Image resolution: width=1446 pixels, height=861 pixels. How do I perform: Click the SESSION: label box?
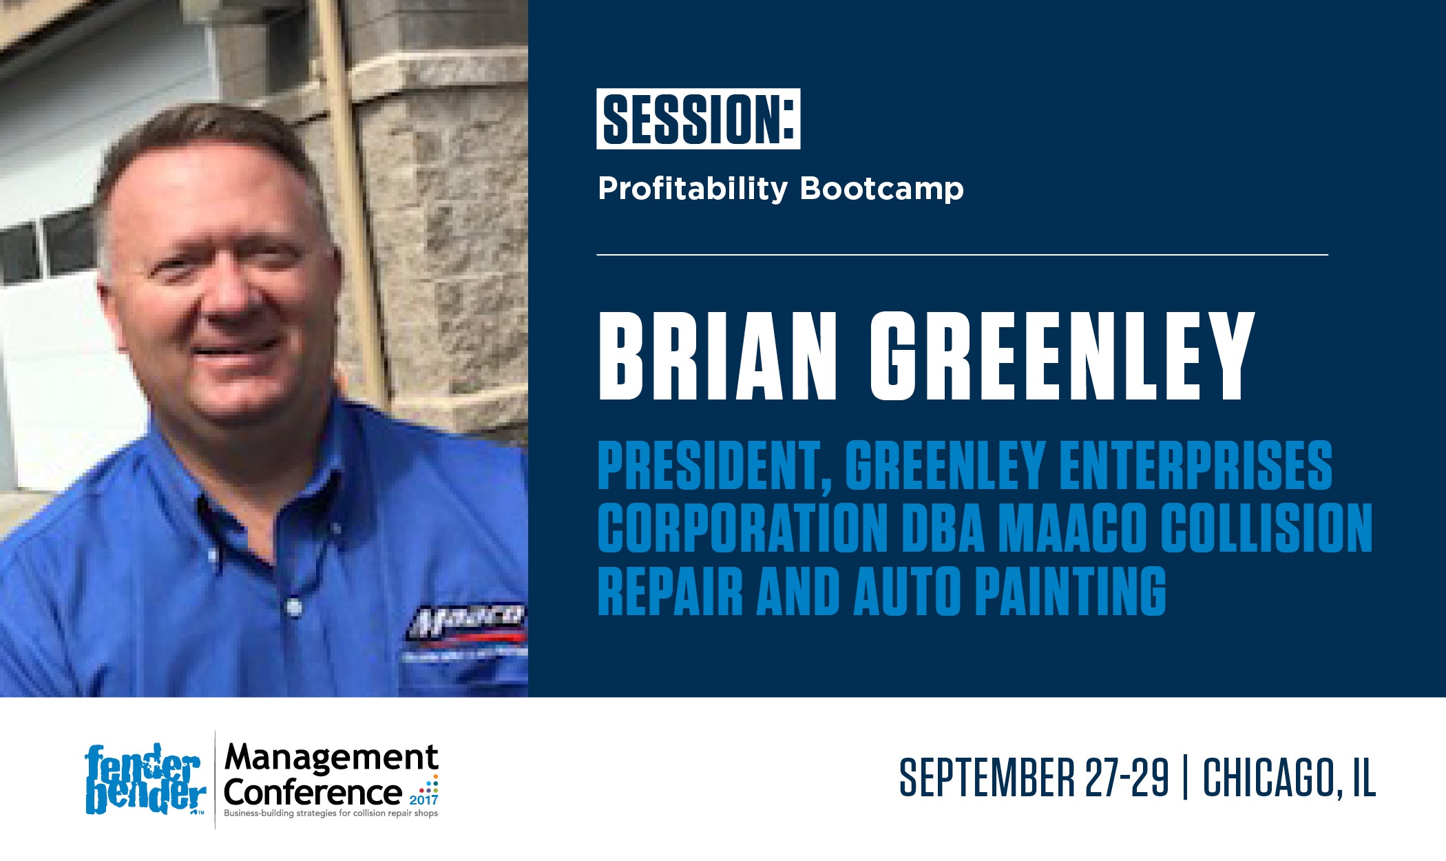click(x=698, y=118)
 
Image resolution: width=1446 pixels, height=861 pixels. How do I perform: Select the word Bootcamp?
click(x=881, y=189)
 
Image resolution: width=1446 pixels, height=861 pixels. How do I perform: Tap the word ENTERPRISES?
click(x=1196, y=466)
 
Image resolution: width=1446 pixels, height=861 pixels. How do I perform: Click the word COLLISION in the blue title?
click(x=1266, y=528)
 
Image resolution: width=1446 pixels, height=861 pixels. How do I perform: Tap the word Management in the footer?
click(x=331, y=758)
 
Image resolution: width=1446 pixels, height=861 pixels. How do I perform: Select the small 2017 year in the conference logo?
click(x=423, y=800)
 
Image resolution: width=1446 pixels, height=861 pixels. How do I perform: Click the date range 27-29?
click(x=1127, y=778)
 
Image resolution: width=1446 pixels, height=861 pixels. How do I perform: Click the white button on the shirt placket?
click(x=294, y=607)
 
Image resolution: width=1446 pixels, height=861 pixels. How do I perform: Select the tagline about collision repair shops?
click(x=331, y=814)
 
